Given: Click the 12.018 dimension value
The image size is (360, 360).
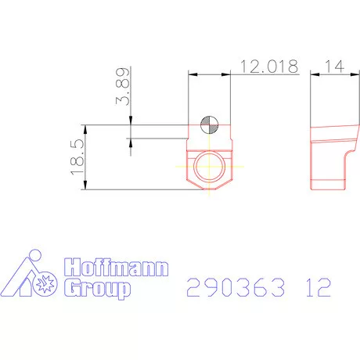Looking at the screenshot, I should click(x=269, y=67).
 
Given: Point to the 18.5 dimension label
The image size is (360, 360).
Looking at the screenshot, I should click(x=77, y=157).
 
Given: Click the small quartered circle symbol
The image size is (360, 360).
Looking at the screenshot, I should click(x=210, y=124).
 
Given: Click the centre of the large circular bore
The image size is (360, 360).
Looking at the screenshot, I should click(x=210, y=166).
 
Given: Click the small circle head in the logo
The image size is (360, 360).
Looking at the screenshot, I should click(x=34, y=256).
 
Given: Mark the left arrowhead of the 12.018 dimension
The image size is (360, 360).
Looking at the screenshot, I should click(x=192, y=74).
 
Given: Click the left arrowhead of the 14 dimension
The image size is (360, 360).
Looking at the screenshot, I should click(x=313, y=74).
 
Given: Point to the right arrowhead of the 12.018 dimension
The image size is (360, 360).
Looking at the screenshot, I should click(x=229, y=74).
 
